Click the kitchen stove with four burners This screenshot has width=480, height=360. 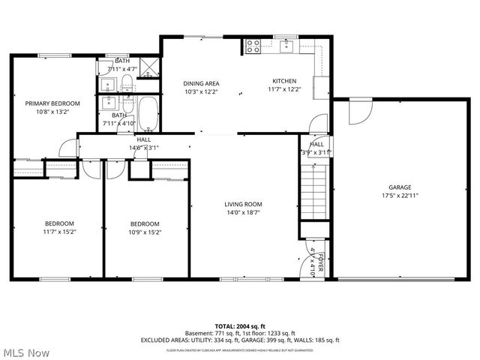point(253,46)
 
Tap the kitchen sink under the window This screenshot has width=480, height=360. point(286,46)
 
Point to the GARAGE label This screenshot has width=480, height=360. point(400,187)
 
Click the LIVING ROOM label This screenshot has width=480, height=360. point(243,204)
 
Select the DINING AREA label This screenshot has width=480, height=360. point(201,83)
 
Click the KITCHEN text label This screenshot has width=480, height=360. point(284,81)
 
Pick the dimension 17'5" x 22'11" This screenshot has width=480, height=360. point(400,196)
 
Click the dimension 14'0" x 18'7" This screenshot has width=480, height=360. point(243,213)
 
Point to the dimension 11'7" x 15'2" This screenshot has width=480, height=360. point(58,232)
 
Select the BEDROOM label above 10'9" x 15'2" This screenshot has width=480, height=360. point(145,223)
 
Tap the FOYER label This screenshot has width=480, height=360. point(320,262)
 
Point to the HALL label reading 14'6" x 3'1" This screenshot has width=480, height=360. point(144,139)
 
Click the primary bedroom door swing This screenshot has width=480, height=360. point(67,147)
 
